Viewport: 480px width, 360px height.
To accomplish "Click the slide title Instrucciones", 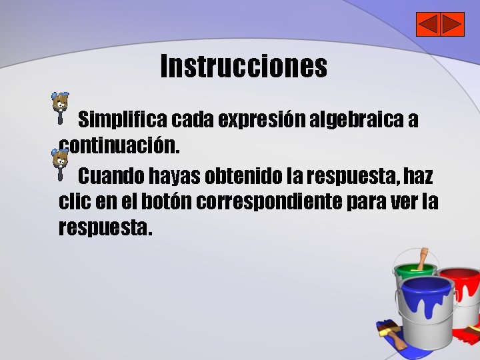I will pos(243,66).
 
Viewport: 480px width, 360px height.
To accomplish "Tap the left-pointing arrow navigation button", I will pos(427,25).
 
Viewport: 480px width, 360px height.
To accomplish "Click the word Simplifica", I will pos(123,121).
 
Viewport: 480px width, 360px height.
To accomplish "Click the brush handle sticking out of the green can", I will pos(422,258).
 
